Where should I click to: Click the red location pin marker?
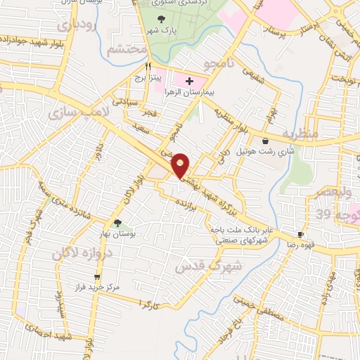[x=181, y=165]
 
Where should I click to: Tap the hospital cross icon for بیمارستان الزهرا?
[x=190, y=82]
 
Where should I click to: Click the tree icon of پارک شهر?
[x=162, y=20]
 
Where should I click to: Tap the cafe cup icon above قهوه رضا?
[x=301, y=234]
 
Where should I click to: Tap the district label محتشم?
[x=127, y=51]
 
